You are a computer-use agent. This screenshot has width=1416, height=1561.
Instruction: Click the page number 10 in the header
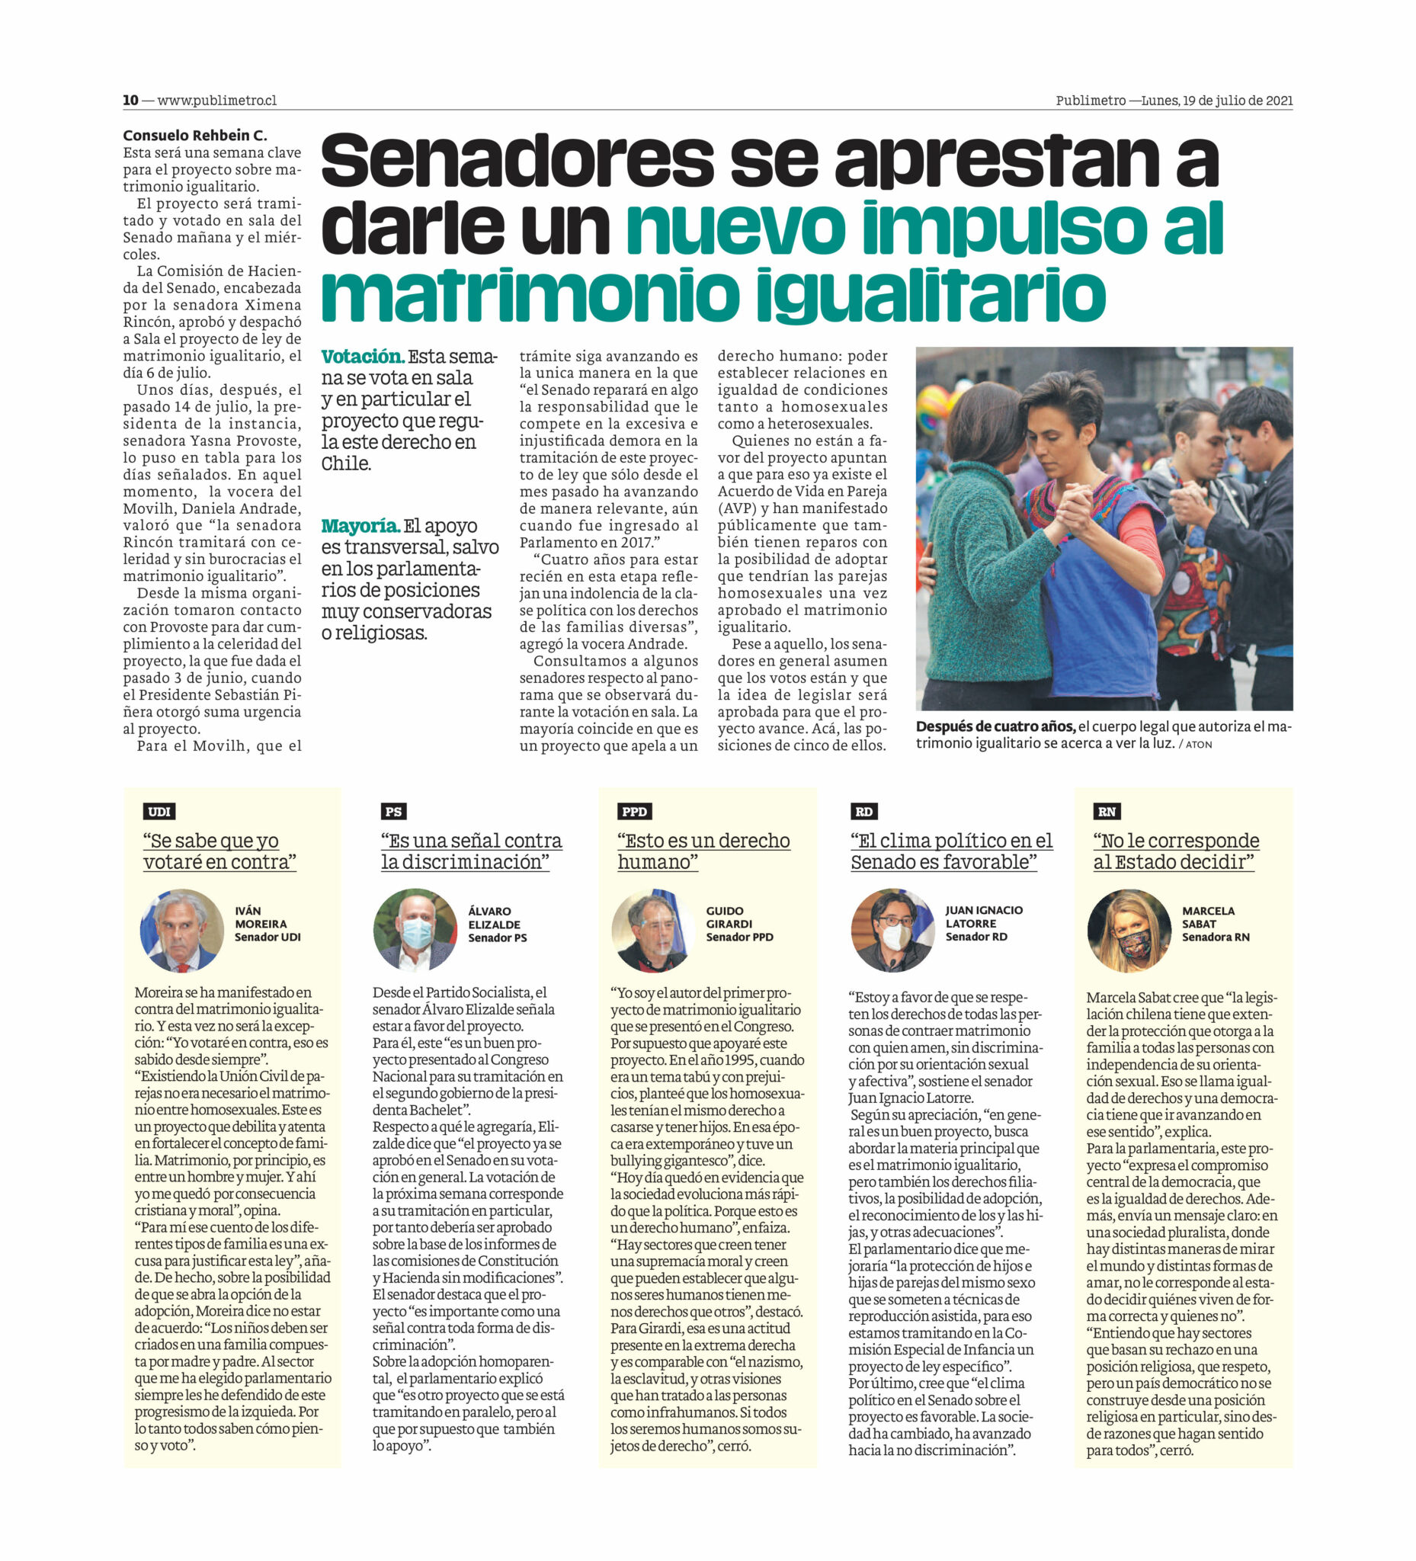[130, 100]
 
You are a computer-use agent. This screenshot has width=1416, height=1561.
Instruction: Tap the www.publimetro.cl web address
[216, 100]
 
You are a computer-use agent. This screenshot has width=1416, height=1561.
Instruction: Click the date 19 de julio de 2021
[1237, 100]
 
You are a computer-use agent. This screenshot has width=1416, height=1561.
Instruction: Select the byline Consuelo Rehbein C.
[194, 136]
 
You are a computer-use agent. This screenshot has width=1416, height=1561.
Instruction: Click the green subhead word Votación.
[362, 357]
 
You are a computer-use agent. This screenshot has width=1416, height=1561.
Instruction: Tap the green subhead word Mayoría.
[360, 526]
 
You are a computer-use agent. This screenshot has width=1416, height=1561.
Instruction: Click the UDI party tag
[159, 812]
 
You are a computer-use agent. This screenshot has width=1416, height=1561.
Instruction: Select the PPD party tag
[634, 812]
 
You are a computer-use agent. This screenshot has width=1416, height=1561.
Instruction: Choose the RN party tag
[1107, 812]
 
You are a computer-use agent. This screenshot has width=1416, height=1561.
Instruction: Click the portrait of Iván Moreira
[182, 930]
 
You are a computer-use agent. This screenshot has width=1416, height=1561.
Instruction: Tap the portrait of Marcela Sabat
[1129, 930]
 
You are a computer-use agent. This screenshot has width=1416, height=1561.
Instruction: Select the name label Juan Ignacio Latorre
[983, 923]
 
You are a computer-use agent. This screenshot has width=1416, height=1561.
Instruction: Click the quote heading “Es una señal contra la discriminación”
[471, 851]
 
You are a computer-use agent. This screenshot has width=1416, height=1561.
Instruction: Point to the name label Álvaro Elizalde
[495, 924]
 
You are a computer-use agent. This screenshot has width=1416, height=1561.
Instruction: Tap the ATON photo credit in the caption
[1199, 744]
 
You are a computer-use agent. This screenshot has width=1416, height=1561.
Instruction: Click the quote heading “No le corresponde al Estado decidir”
[1175, 851]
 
